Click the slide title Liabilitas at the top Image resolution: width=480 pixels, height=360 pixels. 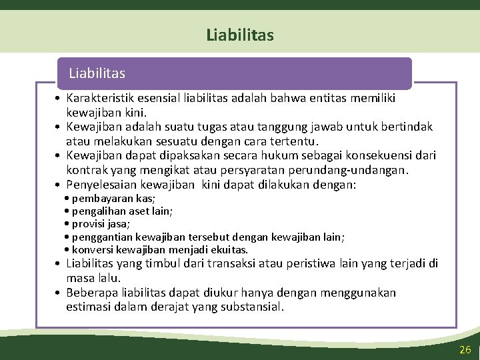pyautogui.click(x=239, y=35)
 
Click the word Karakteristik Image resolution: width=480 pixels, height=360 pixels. pyautogui.click(x=102, y=99)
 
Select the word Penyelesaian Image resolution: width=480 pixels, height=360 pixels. pyautogui.click(x=104, y=184)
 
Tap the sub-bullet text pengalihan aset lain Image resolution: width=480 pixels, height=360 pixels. pyautogui.click(x=122, y=211)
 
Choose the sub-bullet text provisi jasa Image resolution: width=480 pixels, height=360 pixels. pyautogui.click(x=101, y=224)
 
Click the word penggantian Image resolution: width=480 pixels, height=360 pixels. pyautogui.click(x=102, y=237)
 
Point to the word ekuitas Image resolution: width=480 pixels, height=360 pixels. pyautogui.click(x=229, y=249)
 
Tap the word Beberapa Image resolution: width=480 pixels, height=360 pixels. pyautogui.click(x=94, y=293)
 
